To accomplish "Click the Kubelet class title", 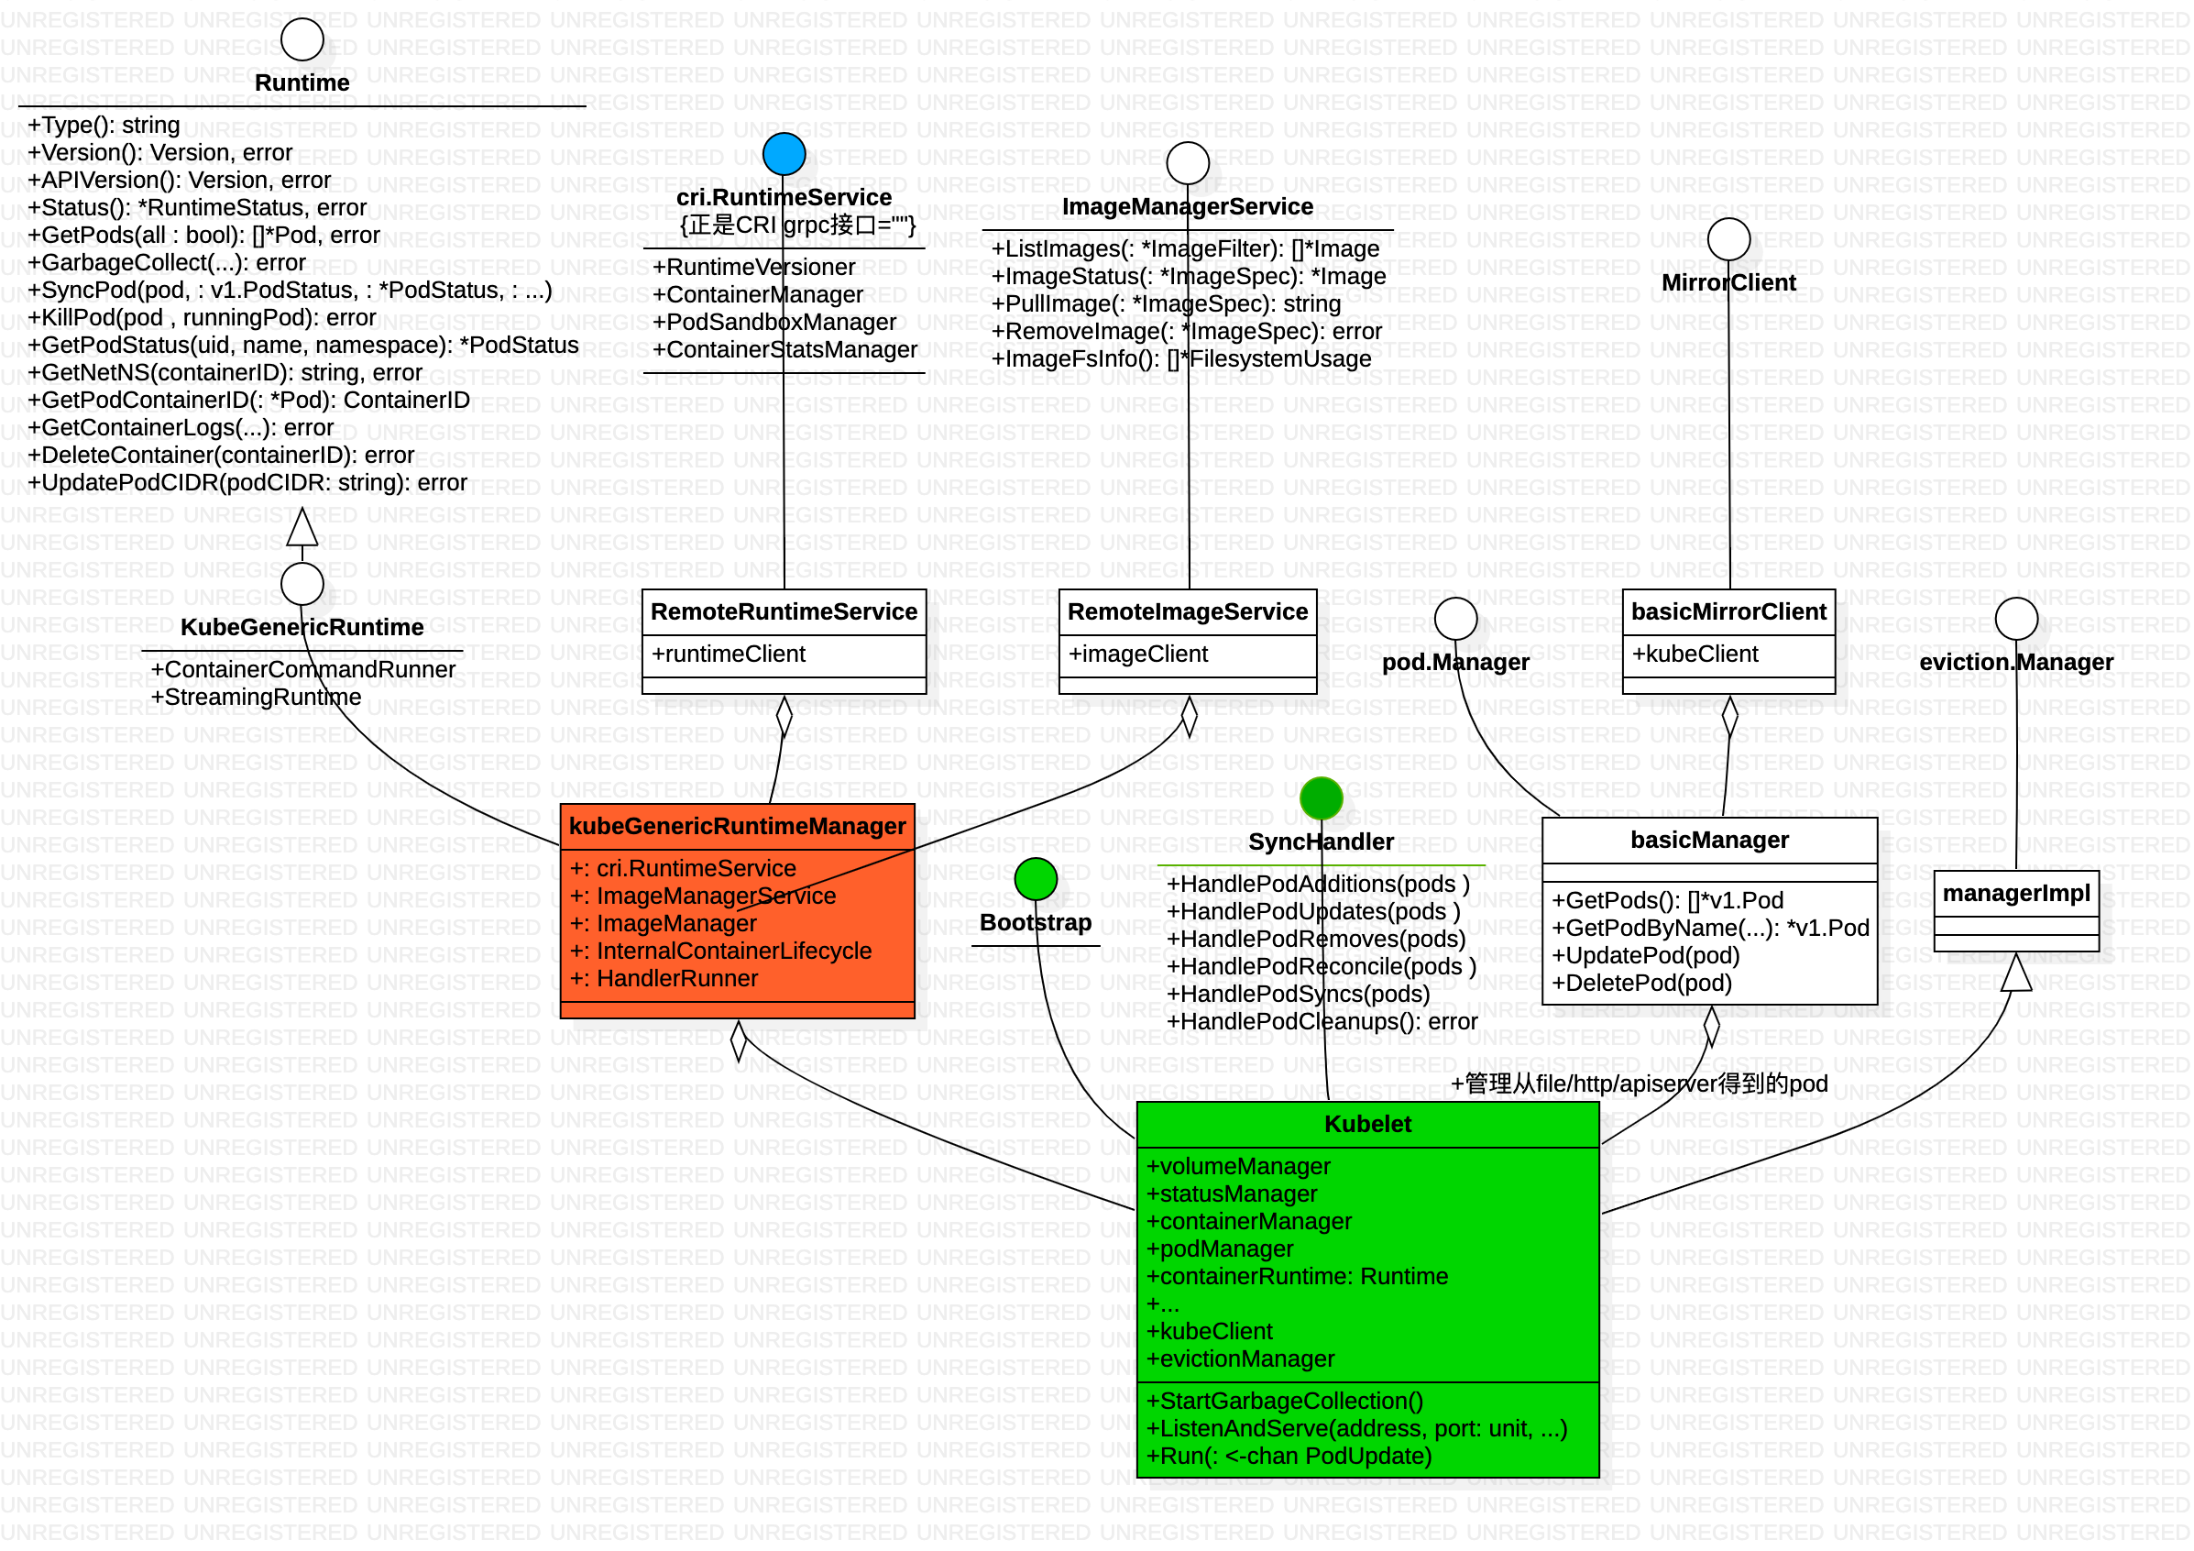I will pyautogui.click(x=1367, y=1124).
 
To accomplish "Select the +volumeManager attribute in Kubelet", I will pyautogui.click(x=1238, y=1167).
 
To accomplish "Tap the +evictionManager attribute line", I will pyautogui.click(x=1240, y=1358).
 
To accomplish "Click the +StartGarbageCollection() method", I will pyautogui.click(x=1284, y=1401).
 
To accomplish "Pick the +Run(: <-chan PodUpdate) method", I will pyautogui.click(x=1289, y=1457).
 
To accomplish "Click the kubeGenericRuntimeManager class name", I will pyautogui.click(x=737, y=827).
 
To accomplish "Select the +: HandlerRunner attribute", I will pyautogui.click(x=664, y=979).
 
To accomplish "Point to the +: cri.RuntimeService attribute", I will pyautogui.click(x=682, y=869).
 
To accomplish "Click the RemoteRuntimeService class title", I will pyautogui.click(x=784, y=611).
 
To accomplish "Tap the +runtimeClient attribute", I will pyautogui.click(x=729, y=654).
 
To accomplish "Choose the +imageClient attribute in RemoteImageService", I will pyautogui.click(x=1138, y=654).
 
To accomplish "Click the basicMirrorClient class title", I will pyautogui.click(x=1728, y=611).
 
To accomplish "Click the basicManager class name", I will pyautogui.click(x=1709, y=840).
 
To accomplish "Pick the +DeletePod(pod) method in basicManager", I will pyautogui.click(x=1641, y=984).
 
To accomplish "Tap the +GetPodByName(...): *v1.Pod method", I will pyautogui.click(x=1710, y=928).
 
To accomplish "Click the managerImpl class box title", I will pyautogui.click(x=2016, y=894).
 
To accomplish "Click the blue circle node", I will pyautogui.click(x=784, y=154).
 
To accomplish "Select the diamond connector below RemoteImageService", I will pyautogui.click(x=1189, y=714).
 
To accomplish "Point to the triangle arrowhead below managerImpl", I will pyautogui.click(x=2016, y=973).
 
